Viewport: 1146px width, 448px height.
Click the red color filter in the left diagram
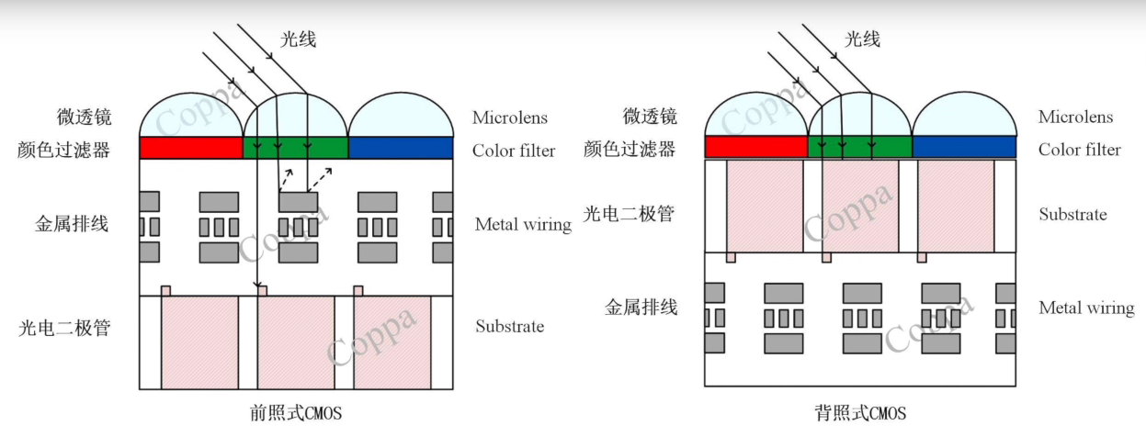click(x=190, y=148)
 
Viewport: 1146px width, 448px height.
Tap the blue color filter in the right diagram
click(x=964, y=147)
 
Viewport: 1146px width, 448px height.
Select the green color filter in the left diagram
click(x=295, y=148)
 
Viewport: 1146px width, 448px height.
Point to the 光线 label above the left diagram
click(x=298, y=39)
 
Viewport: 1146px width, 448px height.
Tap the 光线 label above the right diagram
click(x=862, y=39)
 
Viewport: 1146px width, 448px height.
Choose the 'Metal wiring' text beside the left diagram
click(x=523, y=225)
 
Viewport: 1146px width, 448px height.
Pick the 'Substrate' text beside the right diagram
click(x=1072, y=215)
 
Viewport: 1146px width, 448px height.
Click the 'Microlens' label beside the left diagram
click(x=509, y=118)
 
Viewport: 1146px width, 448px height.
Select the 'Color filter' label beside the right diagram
click(x=1079, y=150)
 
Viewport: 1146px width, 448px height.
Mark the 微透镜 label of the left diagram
click(x=84, y=118)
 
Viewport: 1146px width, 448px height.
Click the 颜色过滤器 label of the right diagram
click(x=630, y=150)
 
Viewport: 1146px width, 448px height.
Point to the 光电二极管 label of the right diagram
click(x=630, y=214)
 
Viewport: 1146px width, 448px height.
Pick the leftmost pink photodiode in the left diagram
click(x=199, y=342)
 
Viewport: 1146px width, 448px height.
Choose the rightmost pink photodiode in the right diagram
click(x=956, y=206)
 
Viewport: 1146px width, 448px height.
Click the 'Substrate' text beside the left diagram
click(x=509, y=327)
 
